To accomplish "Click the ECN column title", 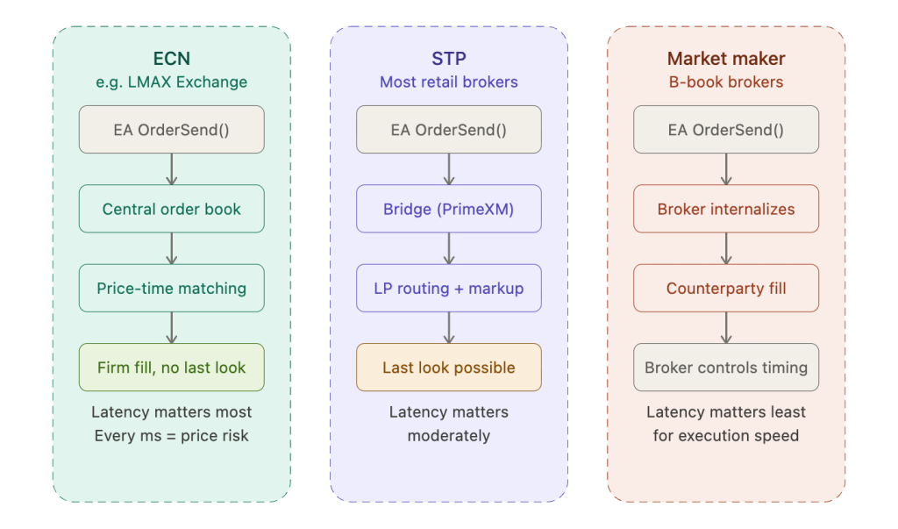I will click(171, 59).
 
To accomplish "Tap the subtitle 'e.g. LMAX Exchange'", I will click(171, 82).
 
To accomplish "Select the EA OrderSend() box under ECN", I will click(171, 130).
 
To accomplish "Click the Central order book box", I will click(171, 209).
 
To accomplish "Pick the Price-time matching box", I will click(171, 288).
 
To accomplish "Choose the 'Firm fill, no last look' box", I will click(171, 368).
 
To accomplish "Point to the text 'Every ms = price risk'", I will click(171, 435).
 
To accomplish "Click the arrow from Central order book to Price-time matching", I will click(171, 248).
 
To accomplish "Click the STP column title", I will click(449, 59).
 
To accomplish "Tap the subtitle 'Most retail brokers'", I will click(449, 82).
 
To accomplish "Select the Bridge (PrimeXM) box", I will click(449, 209).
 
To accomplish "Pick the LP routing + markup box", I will click(449, 288).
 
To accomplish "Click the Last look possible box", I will click(449, 368).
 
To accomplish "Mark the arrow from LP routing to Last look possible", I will click(449, 327).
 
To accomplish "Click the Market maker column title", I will click(726, 59).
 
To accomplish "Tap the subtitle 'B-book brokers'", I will click(726, 82).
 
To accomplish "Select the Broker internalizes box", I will click(726, 209).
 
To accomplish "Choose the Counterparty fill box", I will click(726, 288).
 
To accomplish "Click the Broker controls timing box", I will click(726, 368).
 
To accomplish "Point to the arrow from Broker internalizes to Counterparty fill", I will click(726, 248).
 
